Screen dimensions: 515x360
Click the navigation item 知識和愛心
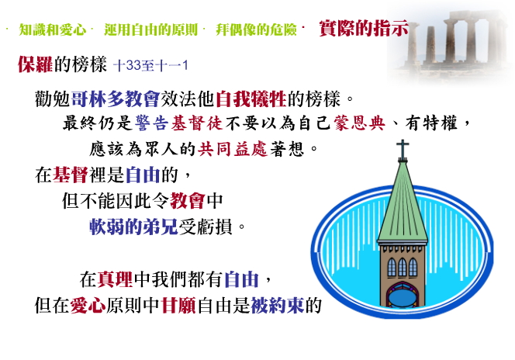(53, 29)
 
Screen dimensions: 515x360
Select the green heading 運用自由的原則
(150, 29)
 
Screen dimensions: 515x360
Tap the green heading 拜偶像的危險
(256, 29)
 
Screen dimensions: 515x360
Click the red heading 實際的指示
(364, 28)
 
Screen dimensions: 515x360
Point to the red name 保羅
(35, 64)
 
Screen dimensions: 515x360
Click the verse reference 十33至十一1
(150, 65)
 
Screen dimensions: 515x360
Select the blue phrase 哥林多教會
(116, 99)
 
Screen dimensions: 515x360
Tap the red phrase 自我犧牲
(251, 99)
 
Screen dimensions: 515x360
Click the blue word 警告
(152, 123)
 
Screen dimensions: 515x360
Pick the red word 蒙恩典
(359, 123)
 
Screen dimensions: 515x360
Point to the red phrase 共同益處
(233, 149)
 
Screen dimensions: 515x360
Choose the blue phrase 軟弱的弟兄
(133, 227)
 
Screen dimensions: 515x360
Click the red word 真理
(115, 279)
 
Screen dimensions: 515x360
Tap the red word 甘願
(178, 306)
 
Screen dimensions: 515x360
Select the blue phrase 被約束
(278, 306)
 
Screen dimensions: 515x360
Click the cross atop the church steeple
(403, 150)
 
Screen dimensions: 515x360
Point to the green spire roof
(403, 210)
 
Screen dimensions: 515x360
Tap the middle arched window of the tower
(403, 267)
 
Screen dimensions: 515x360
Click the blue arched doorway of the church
(403, 296)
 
